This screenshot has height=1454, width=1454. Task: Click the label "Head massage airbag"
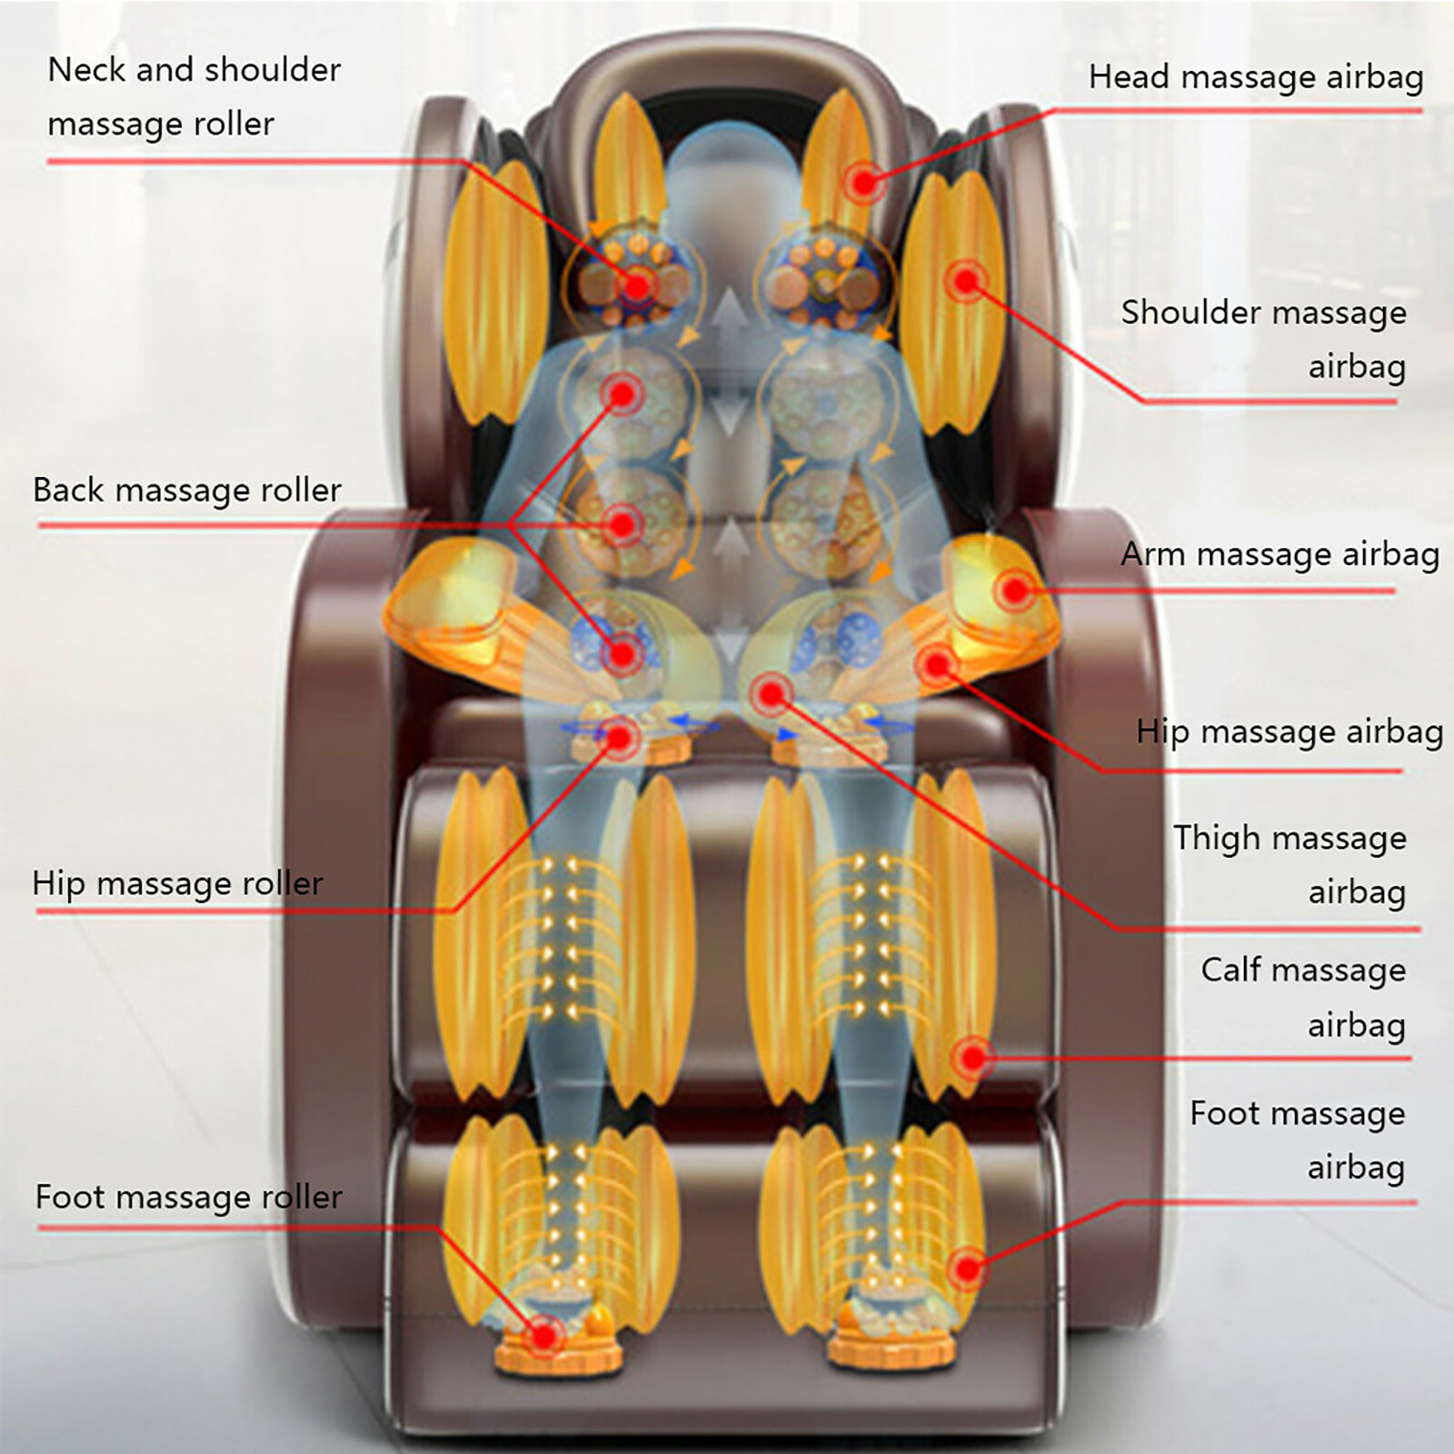point(1256,77)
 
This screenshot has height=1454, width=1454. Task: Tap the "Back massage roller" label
point(187,491)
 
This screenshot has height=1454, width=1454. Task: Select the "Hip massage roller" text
point(178,883)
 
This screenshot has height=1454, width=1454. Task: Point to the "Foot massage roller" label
point(189,1197)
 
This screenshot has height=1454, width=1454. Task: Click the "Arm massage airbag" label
point(1280,554)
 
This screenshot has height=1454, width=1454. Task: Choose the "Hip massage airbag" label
point(1289,732)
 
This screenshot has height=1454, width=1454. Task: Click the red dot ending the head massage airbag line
point(863,183)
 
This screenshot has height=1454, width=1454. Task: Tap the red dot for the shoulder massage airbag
point(965,280)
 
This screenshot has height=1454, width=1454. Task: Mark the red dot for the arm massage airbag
point(1014,591)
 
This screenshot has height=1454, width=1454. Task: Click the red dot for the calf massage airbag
point(972,1057)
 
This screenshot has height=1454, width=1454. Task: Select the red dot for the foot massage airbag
point(969,1268)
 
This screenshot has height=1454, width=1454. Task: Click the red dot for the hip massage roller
point(620,737)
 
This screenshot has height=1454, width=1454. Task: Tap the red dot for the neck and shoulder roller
point(638,285)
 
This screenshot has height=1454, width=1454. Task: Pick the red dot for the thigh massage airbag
point(771,695)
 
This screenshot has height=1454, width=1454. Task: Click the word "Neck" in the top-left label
point(84,70)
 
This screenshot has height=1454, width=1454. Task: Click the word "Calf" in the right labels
point(1230,970)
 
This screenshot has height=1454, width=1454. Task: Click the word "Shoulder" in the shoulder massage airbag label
point(1189,313)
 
